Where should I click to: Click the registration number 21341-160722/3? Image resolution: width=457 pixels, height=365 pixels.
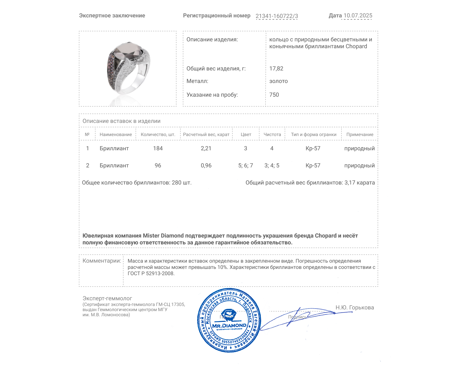pos(276,16)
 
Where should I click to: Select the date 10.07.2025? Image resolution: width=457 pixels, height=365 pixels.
pos(358,16)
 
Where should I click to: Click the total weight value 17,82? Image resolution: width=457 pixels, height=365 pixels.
pos(276,68)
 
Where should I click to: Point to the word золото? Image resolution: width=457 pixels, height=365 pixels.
pos(278,81)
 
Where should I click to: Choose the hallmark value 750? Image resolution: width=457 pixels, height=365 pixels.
pos(274,95)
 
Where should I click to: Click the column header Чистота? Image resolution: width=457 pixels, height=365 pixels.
pos(272,135)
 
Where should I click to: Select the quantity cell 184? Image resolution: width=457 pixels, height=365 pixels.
pos(158,148)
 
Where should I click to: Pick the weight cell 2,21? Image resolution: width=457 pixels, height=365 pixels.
pos(206,148)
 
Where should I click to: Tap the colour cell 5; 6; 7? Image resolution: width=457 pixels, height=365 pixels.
pos(245,165)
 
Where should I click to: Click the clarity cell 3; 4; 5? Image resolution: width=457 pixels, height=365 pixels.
pos(272,165)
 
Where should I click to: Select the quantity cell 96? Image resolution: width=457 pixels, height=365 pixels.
pos(158,165)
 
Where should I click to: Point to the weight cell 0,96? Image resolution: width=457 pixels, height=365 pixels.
pos(206,165)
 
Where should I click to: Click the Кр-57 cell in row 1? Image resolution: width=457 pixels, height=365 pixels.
pos(313,148)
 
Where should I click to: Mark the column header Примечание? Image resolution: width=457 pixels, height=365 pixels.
pos(360,135)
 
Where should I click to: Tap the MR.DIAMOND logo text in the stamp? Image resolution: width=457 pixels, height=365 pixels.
pos(229,326)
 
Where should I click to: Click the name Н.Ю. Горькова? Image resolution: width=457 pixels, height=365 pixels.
pos(354,307)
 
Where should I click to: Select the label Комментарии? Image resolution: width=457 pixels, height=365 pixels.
pos(102,261)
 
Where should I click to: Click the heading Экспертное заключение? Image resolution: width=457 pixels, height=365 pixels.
pos(112,16)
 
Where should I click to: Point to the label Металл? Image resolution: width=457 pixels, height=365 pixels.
pos(197,81)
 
